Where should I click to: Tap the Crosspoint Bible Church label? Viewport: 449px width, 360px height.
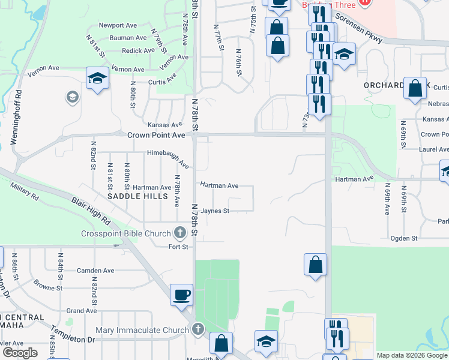coord(127,233)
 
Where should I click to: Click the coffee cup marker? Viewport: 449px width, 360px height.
coord(181,295)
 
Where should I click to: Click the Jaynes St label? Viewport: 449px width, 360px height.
coord(215,211)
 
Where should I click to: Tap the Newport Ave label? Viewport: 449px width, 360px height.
coord(119,25)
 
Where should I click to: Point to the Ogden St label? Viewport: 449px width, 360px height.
coord(405,238)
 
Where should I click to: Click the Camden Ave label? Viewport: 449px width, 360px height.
coord(95,271)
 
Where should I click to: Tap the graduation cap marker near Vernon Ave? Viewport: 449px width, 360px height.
coord(97,79)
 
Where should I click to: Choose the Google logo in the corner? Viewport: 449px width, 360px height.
coord(20,353)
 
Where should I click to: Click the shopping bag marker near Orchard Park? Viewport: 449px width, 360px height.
coord(415,89)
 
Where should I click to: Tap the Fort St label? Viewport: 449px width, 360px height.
coord(178,247)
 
